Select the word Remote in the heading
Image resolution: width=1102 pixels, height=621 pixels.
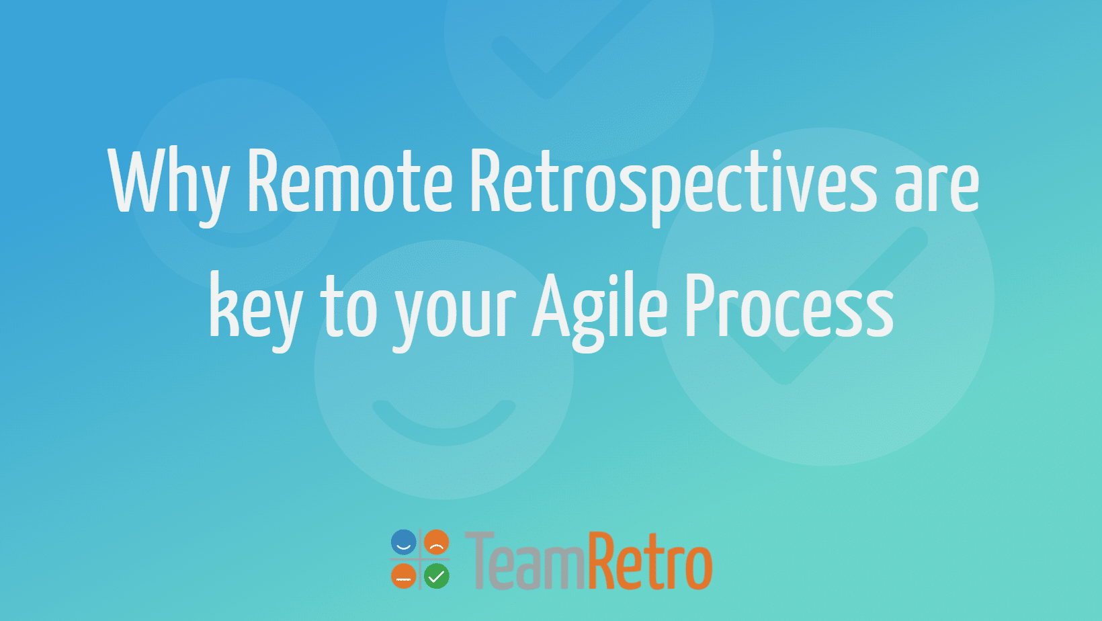click(x=349, y=181)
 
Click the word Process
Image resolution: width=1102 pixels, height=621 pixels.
click(x=789, y=306)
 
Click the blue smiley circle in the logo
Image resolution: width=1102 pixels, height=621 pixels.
click(x=403, y=542)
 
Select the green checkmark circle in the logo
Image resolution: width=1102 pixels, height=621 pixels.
click(x=437, y=576)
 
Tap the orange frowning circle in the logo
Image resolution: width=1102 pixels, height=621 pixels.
click(x=437, y=542)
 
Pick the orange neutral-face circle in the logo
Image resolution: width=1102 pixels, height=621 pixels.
click(x=403, y=576)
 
